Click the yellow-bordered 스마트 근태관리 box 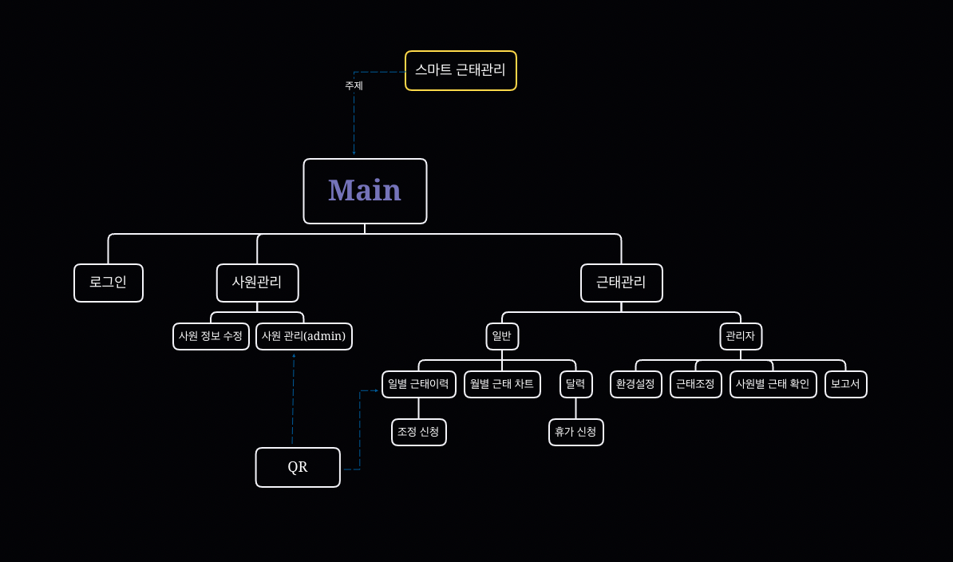[461, 70]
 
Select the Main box [365, 191]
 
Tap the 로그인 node [109, 283]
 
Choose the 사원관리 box [257, 283]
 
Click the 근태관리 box [621, 283]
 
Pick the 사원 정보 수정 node [211, 336]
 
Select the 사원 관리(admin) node [304, 336]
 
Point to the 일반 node [502, 336]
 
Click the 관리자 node [740, 336]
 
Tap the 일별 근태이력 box [419, 384]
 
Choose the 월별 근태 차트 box [502, 384]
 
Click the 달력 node [575, 384]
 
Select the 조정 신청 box [419, 432]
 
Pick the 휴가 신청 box [575, 432]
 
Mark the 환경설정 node [636, 384]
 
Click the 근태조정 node [695, 384]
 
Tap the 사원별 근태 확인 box [773, 384]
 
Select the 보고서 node [845, 384]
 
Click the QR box [298, 467]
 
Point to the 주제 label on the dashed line [354, 85]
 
